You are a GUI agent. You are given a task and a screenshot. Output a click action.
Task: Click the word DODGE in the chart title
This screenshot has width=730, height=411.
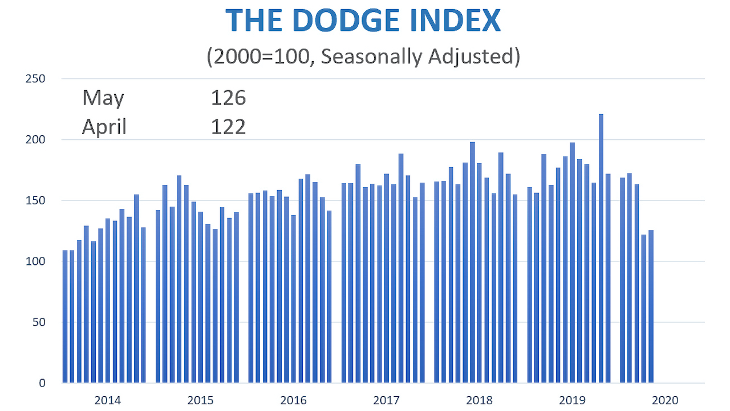[324, 21]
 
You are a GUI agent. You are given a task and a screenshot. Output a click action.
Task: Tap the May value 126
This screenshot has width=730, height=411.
[228, 98]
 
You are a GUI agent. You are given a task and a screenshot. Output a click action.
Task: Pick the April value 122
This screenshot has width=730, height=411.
[228, 126]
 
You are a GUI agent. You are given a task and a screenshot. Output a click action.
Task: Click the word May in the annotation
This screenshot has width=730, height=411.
[103, 98]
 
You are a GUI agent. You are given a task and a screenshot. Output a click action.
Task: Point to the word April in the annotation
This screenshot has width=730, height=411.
[104, 126]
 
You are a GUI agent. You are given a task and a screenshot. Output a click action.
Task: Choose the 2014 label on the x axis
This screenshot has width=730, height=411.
[107, 400]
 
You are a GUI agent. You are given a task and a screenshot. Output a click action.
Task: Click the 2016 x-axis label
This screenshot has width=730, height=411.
[293, 400]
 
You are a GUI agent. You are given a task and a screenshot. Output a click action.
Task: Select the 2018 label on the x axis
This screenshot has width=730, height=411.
[479, 400]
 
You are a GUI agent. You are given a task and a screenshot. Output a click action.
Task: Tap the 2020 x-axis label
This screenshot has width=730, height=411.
[665, 400]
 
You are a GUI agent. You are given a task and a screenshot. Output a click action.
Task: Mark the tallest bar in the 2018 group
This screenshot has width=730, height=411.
[472, 263]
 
